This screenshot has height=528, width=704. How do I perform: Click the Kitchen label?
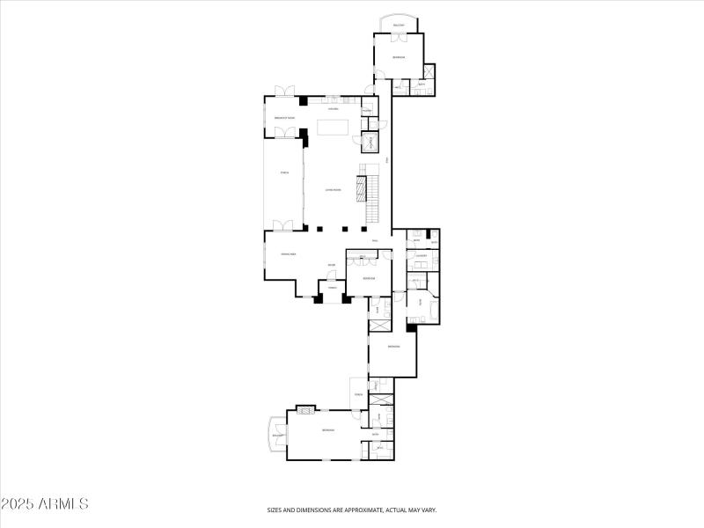pyautogui.click(x=334, y=109)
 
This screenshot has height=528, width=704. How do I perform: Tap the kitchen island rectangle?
pyautogui.click(x=333, y=127)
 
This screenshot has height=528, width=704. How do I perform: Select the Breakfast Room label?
pyautogui.click(x=283, y=118)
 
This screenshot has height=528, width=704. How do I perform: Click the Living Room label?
pyautogui.click(x=333, y=189)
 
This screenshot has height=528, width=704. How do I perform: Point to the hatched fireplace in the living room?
pyautogui.click(x=360, y=188)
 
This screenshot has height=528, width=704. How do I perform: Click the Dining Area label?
pyautogui.click(x=287, y=254)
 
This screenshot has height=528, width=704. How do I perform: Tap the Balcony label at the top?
pyautogui.click(x=399, y=26)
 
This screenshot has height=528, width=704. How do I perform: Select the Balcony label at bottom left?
pyautogui.click(x=277, y=436)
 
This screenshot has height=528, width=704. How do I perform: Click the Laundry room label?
pyautogui.click(x=421, y=256)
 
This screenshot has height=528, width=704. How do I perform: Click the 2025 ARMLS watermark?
pyautogui.click(x=45, y=504)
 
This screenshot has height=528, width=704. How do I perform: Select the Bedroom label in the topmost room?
pyautogui.click(x=399, y=57)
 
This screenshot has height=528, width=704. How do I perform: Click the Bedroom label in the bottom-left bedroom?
pyautogui.click(x=327, y=429)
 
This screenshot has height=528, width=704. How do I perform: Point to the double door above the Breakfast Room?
pyautogui.click(x=284, y=92)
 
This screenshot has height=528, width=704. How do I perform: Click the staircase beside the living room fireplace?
pyautogui.click(x=372, y=198)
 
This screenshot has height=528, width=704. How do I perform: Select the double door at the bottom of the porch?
pyautogui.click(x=283, y=225)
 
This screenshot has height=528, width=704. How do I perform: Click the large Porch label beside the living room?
pyautogui.click(x=283, y=172)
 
